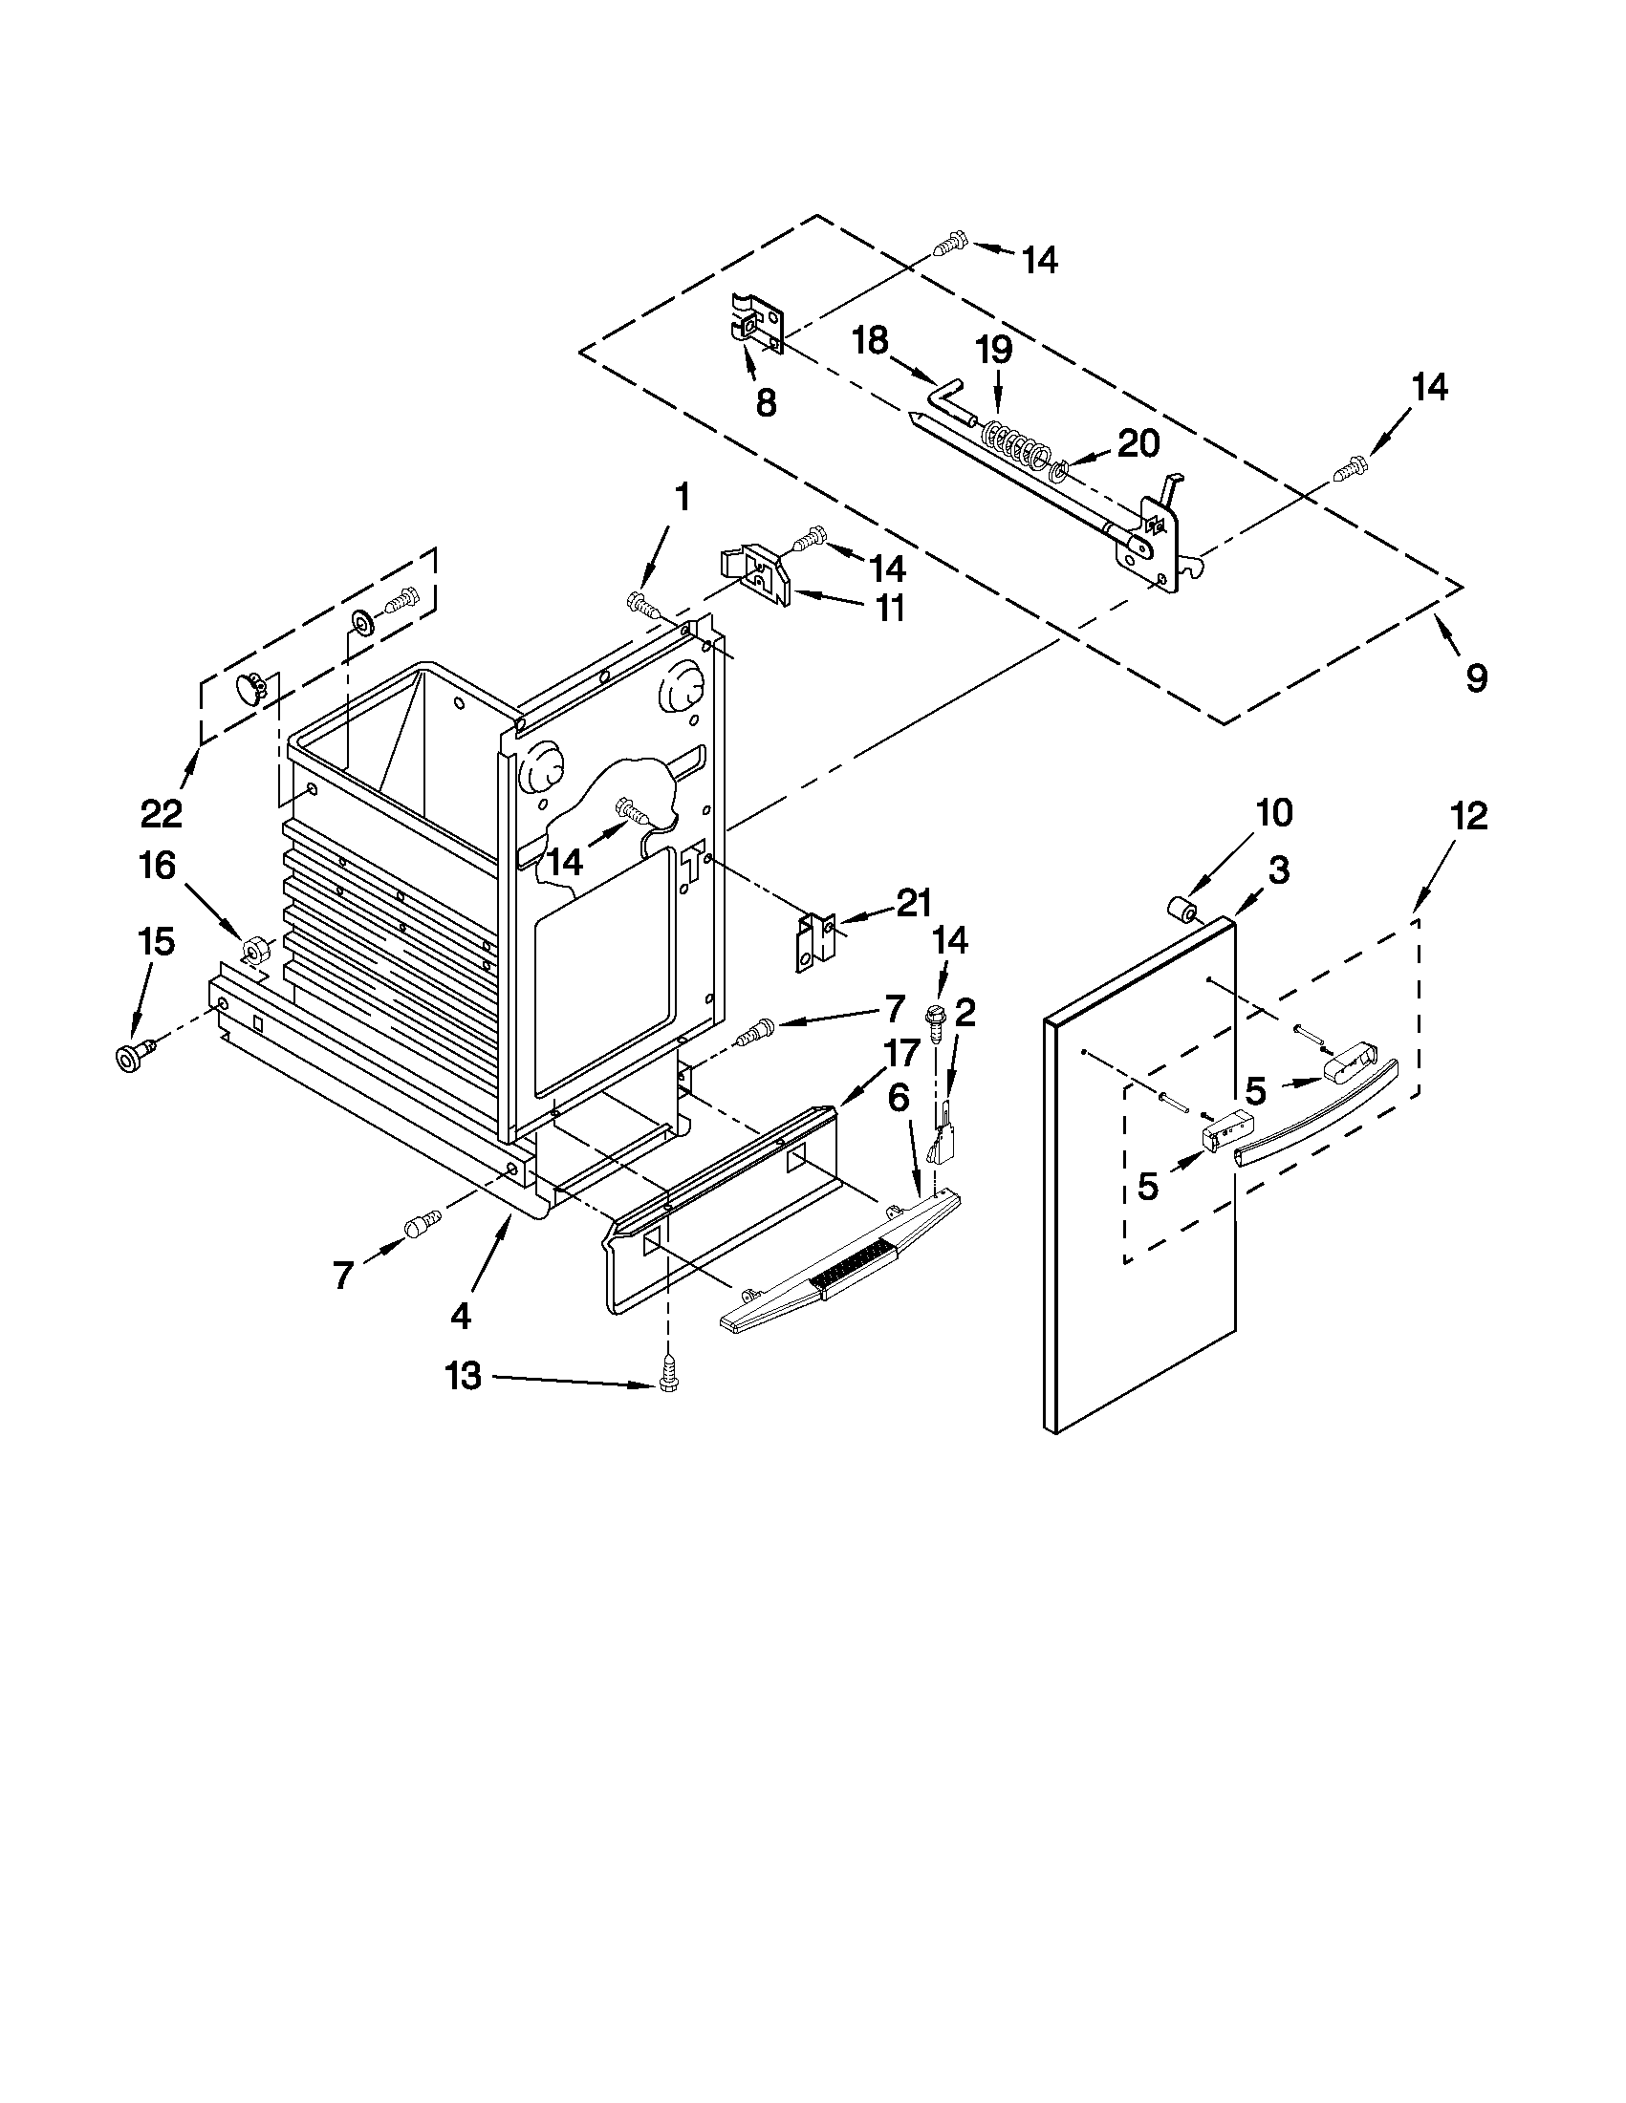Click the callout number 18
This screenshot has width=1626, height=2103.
coord(870,341)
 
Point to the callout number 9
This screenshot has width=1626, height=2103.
coord(1476,676)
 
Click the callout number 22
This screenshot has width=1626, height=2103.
coord(162,813)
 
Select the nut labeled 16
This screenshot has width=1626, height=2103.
coord(254,950)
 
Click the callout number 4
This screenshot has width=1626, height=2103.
coord(461,1316)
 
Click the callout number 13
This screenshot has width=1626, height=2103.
coord(464,1376)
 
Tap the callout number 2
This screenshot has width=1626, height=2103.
coord(965,1010)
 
